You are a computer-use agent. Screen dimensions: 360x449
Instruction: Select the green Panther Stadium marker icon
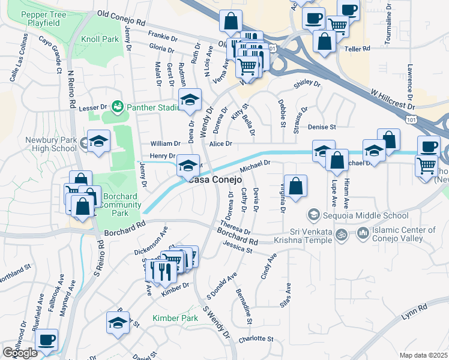[x=117, y=107]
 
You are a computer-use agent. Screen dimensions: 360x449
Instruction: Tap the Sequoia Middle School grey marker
[x=313, y=215]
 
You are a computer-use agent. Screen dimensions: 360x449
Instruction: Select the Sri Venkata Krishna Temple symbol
[x=342, y=235]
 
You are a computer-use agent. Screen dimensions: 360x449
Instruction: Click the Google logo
[x=20, y=352]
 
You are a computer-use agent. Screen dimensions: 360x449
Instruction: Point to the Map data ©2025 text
[x=423, y=355]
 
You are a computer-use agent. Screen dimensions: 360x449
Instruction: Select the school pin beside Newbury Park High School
[x=99, y=142]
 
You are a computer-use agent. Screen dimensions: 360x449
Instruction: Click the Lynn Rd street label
[x=414, y=308]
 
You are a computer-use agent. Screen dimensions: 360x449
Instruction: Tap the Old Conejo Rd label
[x=121, y=17]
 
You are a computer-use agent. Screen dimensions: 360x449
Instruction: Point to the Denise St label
[x=322, y=127]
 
